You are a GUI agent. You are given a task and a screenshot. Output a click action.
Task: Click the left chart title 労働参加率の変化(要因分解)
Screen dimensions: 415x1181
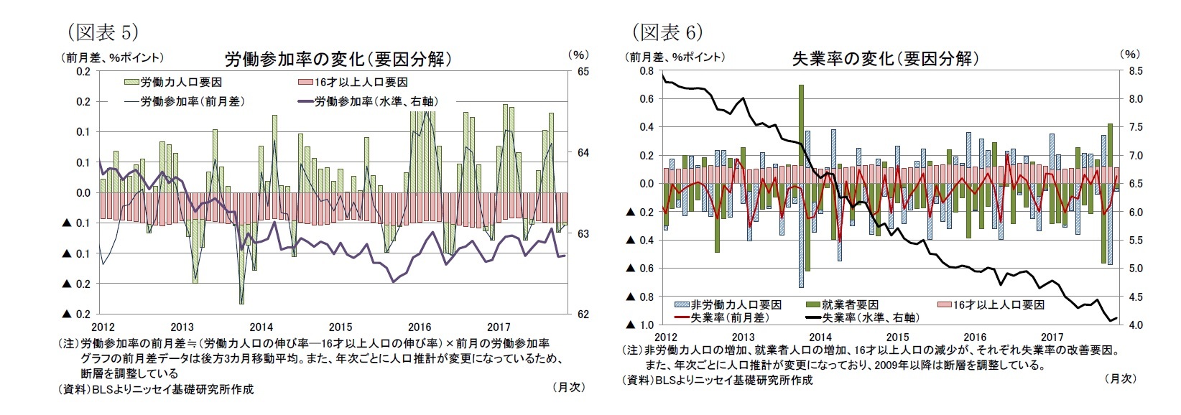338,59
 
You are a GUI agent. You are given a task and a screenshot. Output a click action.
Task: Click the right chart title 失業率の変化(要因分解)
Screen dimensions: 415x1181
885,58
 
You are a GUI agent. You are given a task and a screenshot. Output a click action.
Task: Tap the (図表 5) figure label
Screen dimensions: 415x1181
102,32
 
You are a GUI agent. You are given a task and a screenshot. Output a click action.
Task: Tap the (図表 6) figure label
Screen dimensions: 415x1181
667,32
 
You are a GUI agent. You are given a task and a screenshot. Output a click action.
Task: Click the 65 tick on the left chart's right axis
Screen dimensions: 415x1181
583,72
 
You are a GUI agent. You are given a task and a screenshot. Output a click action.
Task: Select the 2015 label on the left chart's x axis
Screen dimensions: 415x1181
341,327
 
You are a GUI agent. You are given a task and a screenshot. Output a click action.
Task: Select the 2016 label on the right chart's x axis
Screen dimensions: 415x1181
975,337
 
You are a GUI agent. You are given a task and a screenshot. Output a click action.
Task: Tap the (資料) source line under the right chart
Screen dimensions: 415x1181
718,380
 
